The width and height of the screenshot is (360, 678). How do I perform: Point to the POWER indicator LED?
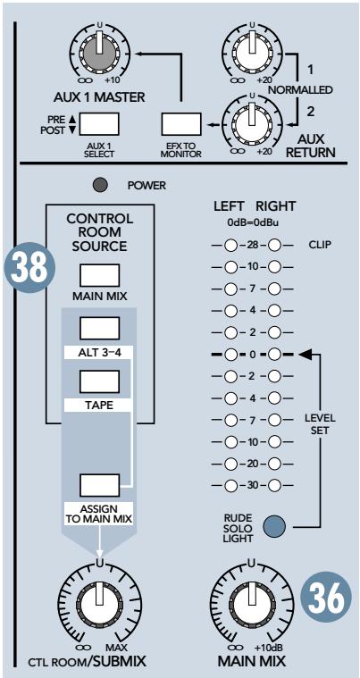(102, 186)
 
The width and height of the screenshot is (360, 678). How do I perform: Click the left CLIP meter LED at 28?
(230, 244)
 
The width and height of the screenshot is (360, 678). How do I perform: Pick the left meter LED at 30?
(230, 485)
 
